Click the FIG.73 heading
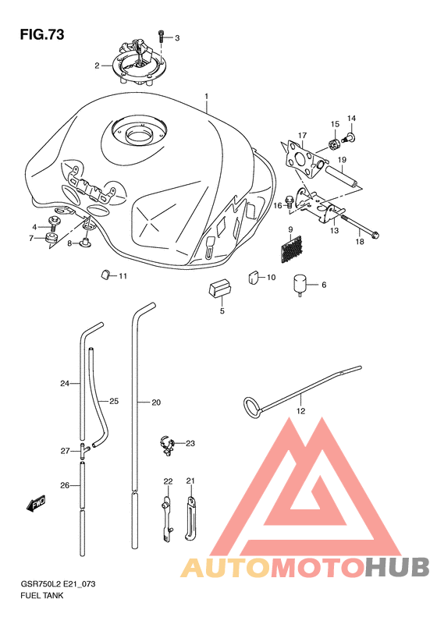click(x=42, y=34)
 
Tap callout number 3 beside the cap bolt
click(x=177, y=38)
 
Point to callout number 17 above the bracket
click(x=302, y=136)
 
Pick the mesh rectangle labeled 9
click(x=291, y=249)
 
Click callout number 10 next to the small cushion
click(x=272, y=278)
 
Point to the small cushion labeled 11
click(x=105, y=275)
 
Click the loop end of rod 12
click(x=252, y=408)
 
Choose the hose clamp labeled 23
click(x=167, y=445)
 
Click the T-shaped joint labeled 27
click(x=83, y=451)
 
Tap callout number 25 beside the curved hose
click(x=114, y=402)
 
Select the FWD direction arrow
click(x=36, y=503)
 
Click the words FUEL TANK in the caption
click(x=41, y=595)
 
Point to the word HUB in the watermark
click(x=397, y=566)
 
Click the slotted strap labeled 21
click(x=190, y=518)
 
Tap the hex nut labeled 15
click(x=334, y=144)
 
